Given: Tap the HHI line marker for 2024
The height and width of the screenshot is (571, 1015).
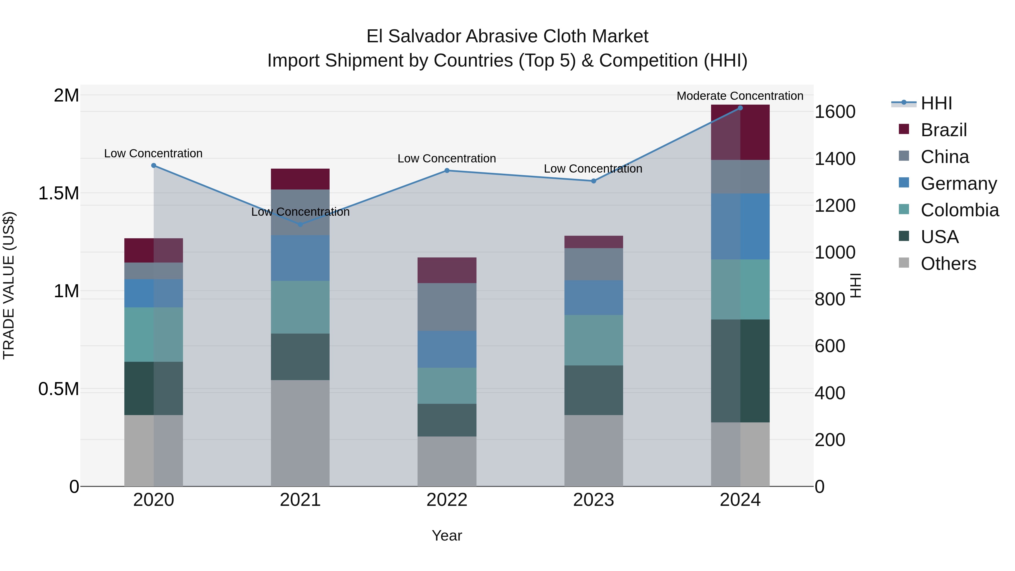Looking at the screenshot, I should (740, 108).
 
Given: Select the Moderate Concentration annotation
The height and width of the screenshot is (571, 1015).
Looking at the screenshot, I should (740, 96).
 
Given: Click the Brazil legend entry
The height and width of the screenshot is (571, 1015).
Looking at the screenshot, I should (943, 130).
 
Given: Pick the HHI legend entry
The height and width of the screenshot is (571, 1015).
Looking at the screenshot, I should (936, 103).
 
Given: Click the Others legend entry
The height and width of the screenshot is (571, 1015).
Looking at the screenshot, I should (948, 264).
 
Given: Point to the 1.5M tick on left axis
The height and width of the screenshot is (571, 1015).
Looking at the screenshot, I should (58, 193).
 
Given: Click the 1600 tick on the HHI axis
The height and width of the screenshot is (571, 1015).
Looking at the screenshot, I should (835, 112).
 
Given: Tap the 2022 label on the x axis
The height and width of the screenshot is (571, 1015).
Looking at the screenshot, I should (447, 500).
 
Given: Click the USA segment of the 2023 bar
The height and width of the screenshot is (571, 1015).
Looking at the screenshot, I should (593, 390).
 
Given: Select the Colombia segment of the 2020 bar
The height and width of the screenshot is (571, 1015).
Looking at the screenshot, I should (154, 334).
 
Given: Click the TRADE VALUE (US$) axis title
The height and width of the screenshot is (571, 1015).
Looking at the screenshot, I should (9, 285).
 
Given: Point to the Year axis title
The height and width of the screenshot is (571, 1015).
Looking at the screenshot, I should (447, 535).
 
